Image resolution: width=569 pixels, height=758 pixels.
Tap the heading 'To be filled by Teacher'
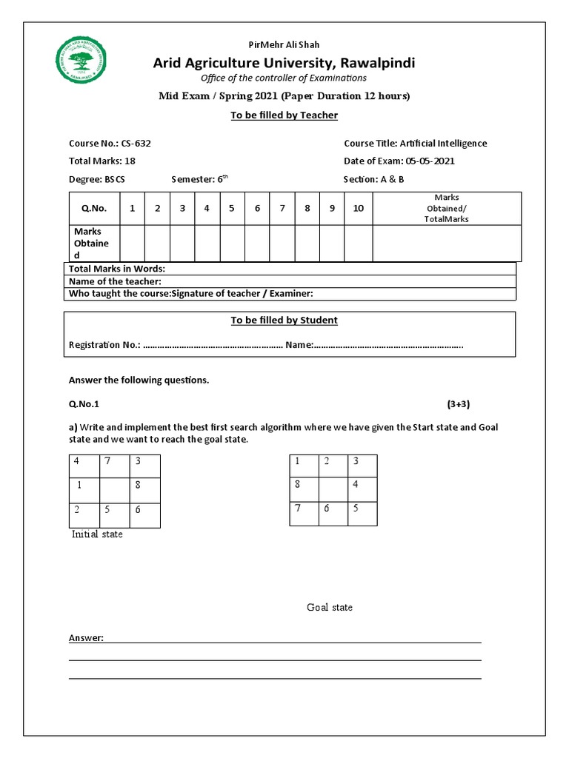click(x=284, y=115)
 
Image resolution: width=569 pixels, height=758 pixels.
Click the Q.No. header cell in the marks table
click(x=94, y=209)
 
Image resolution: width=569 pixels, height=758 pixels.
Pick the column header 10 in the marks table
click(x=358, y=209)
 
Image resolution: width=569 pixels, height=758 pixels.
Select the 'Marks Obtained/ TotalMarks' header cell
click(x=446, y=209)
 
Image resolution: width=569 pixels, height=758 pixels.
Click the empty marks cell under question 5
click(x=232, y=244)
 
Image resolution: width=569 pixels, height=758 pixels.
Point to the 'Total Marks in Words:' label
click(x=116, y=269)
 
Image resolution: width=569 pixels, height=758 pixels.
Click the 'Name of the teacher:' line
click(x=115, y=281)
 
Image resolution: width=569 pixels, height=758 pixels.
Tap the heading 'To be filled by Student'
click(x=284, y=321)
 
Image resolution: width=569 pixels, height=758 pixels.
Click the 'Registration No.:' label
click(x=104, y=345)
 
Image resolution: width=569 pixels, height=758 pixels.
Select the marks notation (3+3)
click(x=458, y=404)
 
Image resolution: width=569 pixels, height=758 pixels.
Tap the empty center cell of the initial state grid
click(x=114, y=490)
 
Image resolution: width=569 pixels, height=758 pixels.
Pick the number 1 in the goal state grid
click(x=297, y=462)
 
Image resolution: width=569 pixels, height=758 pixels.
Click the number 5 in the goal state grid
click(x=355, y=509)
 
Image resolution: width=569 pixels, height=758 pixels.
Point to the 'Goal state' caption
click(x=330, y=608)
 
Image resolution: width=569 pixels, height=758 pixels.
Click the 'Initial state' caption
click(x=97, y=534)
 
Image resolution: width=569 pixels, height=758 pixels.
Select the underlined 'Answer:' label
click(x=86, y=638)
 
